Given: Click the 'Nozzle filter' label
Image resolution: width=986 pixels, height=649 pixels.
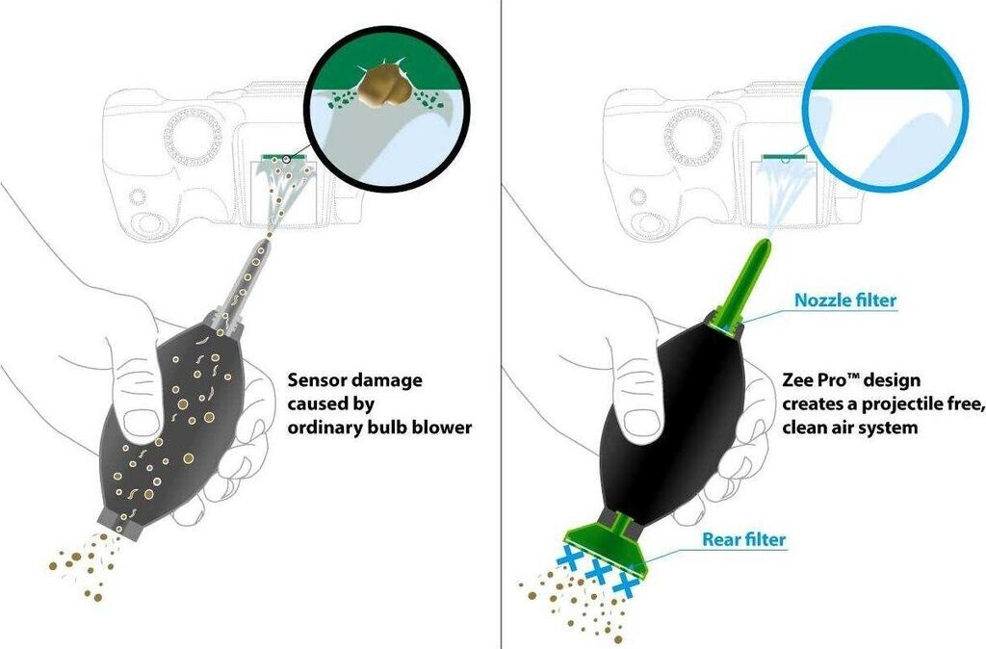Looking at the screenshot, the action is tap(845, 300).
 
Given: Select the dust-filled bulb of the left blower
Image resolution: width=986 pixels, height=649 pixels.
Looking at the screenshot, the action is tap(169, 424).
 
